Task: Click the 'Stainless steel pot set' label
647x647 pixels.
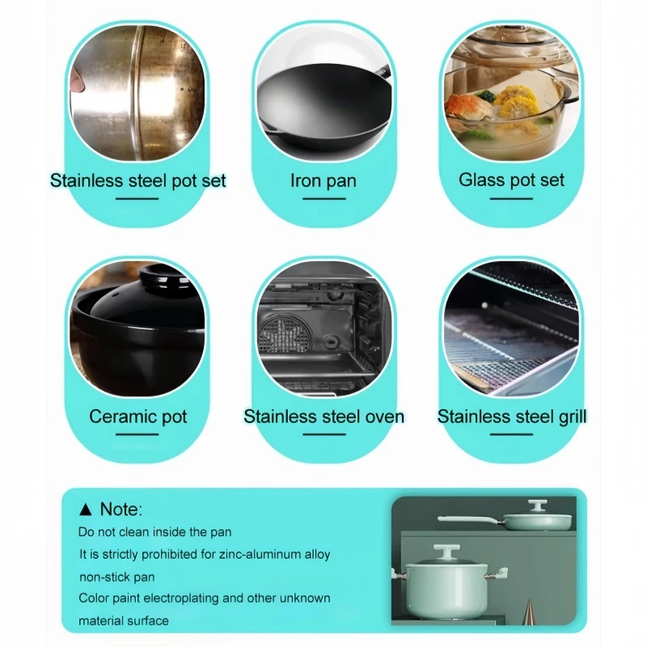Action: pos(137,180)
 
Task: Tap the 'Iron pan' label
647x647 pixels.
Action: pos(323,180)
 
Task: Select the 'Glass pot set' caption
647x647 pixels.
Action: pos(511,180)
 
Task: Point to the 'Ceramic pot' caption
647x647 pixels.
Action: pos(137,417)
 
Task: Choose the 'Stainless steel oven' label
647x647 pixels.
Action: pos(324,417)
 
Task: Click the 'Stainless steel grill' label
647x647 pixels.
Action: pos(512,417)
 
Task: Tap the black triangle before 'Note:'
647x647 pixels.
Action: pos(86,510)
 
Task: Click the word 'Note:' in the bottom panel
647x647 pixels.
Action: pos(121,510)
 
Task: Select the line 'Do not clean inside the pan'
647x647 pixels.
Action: pos(154,532)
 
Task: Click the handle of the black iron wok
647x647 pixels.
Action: pos(383,71)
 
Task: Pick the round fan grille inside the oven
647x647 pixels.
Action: pos(285,333)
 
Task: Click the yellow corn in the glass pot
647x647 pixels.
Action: pos(517,100)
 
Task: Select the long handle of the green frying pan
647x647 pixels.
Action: pos(470,519)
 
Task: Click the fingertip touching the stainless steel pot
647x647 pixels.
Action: pos(77,79)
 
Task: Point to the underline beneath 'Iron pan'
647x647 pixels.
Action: pos(324,198)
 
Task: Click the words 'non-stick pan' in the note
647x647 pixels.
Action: pos(117,577)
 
